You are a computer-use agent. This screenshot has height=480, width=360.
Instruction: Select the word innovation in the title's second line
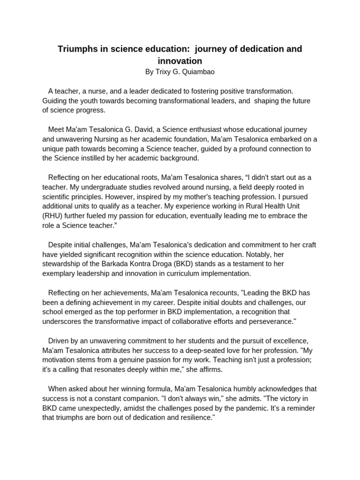(x=180, y=61)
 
